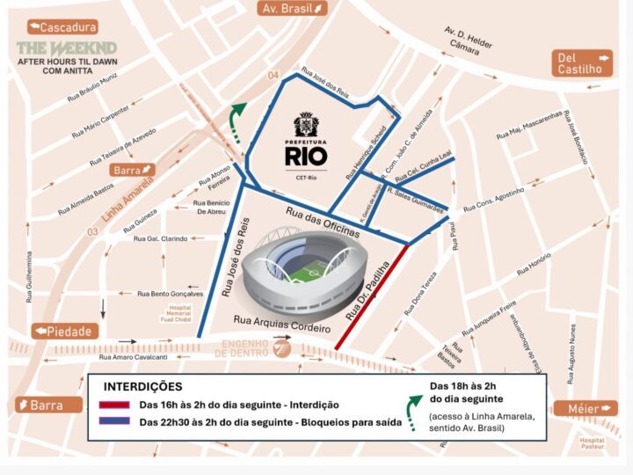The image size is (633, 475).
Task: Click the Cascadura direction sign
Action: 62,26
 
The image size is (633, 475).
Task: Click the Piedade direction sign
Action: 65,331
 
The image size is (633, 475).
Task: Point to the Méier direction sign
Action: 585,409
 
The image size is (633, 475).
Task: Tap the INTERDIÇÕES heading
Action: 143,386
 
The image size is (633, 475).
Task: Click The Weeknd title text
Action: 66,47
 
